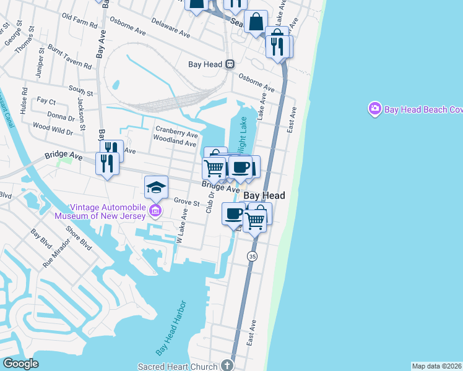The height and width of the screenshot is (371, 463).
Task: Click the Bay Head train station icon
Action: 230,64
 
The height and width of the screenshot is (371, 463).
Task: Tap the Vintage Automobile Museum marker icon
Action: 155,213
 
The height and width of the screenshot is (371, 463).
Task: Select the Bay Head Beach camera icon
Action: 374,109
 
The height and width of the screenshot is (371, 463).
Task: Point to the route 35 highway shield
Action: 252,256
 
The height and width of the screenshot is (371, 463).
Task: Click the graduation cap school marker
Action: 156,186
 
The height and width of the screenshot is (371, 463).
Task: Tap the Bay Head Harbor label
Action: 170,332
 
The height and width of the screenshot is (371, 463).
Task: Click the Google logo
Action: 20,364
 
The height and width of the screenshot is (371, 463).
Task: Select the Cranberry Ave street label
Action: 176,134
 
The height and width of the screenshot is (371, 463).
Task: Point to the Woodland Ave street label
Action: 175,142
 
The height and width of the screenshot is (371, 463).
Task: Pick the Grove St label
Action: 186,202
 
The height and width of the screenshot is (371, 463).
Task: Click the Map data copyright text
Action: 436,366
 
